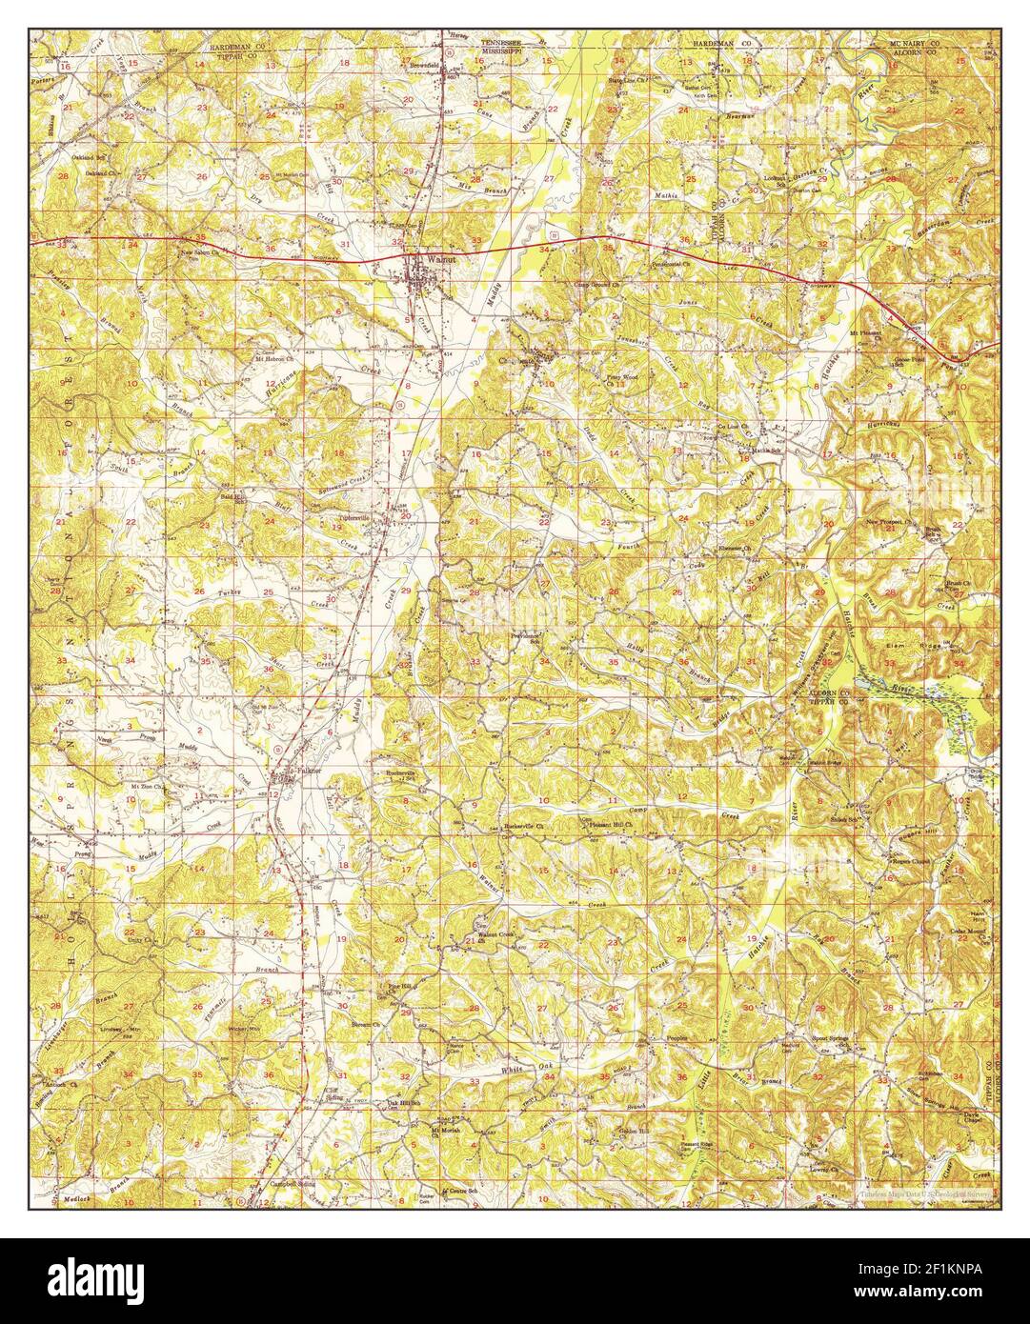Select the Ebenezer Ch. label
click(x=735, y=550)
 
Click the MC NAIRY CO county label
click(x=914, y=44)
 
